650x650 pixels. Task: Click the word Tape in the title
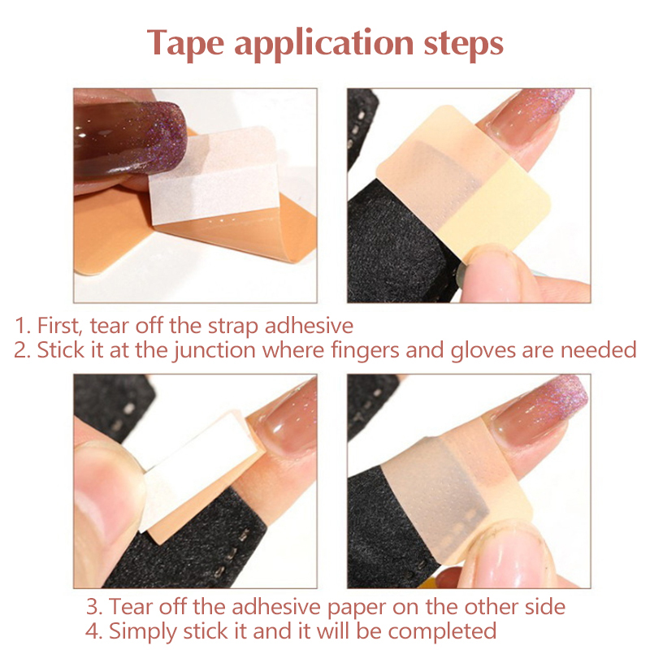point(185,44)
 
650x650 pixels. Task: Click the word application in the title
point(323,45)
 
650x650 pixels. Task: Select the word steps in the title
point(464,45)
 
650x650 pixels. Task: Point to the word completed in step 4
point(442,632)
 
